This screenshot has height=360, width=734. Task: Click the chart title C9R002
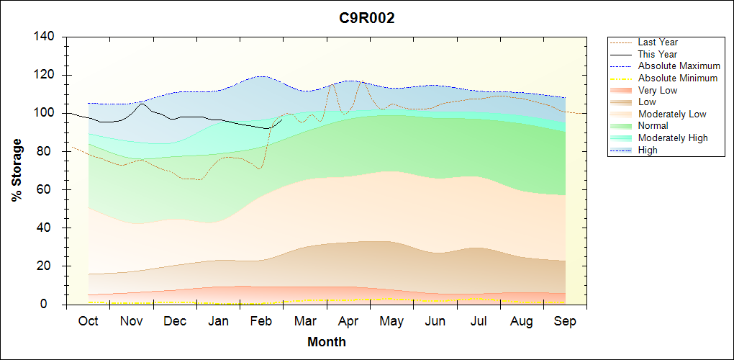point(367,19)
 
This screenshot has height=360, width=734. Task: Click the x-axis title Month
point(327,342)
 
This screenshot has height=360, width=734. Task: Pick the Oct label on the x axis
point(89,321)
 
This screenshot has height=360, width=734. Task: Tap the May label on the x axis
point(391,321)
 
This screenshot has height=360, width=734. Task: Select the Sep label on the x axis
point(565,321)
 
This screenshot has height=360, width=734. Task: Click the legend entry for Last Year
point(658,42)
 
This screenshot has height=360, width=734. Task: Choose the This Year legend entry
point(658,54)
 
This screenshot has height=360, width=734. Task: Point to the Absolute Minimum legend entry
point(678,78)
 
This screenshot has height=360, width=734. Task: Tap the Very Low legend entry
point(658,90)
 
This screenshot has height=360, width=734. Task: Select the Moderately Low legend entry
point(672,114)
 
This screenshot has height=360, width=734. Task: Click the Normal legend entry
point(653,126)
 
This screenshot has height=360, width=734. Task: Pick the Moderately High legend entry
point(673,138)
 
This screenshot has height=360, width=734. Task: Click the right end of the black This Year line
point(282,120)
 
